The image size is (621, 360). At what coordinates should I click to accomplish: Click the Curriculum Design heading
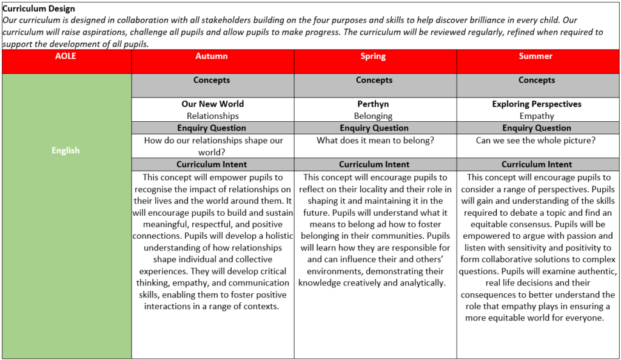39,8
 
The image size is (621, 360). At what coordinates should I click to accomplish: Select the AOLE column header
65,56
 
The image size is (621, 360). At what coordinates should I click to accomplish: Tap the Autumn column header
212,56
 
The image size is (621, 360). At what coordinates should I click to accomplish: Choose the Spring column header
373,56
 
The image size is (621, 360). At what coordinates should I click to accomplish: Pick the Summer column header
535,56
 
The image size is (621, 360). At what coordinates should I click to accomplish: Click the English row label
65,150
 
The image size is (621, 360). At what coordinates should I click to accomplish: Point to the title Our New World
212,104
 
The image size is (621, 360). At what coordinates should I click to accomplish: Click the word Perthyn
373,104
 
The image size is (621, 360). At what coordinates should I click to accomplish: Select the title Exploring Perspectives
537,104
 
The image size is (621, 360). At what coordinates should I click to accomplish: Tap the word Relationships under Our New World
212,116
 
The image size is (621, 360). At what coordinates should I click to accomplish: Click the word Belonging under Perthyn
374,116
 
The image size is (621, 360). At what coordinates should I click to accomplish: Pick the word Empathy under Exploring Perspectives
537,116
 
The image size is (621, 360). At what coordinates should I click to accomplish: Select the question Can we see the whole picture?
535,140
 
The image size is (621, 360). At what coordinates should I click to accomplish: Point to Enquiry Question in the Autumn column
212,128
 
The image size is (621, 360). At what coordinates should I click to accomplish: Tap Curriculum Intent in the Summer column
537,164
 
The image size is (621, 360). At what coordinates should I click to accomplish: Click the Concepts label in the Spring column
374,80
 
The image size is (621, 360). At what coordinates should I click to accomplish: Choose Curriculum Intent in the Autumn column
212,164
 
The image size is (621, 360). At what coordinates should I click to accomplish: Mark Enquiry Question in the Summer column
537,128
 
